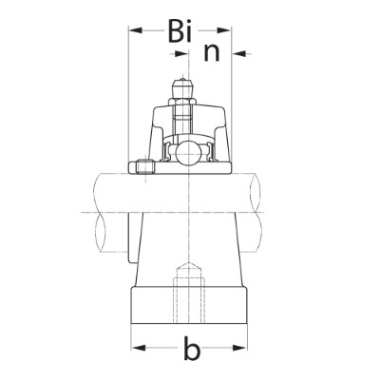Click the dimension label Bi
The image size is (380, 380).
tap(180, 30)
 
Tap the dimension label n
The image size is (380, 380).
tap(212, 53)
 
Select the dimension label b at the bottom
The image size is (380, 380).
tap(192, 348)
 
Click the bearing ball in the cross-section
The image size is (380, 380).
tap(189, 154)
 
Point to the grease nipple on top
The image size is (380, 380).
tap(182, 87)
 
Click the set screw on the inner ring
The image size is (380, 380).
tap(145, 167)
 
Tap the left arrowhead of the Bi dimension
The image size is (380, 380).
tap(136, 30)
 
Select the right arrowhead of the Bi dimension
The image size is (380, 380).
tap(224, 30)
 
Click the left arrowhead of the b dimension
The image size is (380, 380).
tap(139, 348)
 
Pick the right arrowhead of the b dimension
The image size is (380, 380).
tap(239, 348)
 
